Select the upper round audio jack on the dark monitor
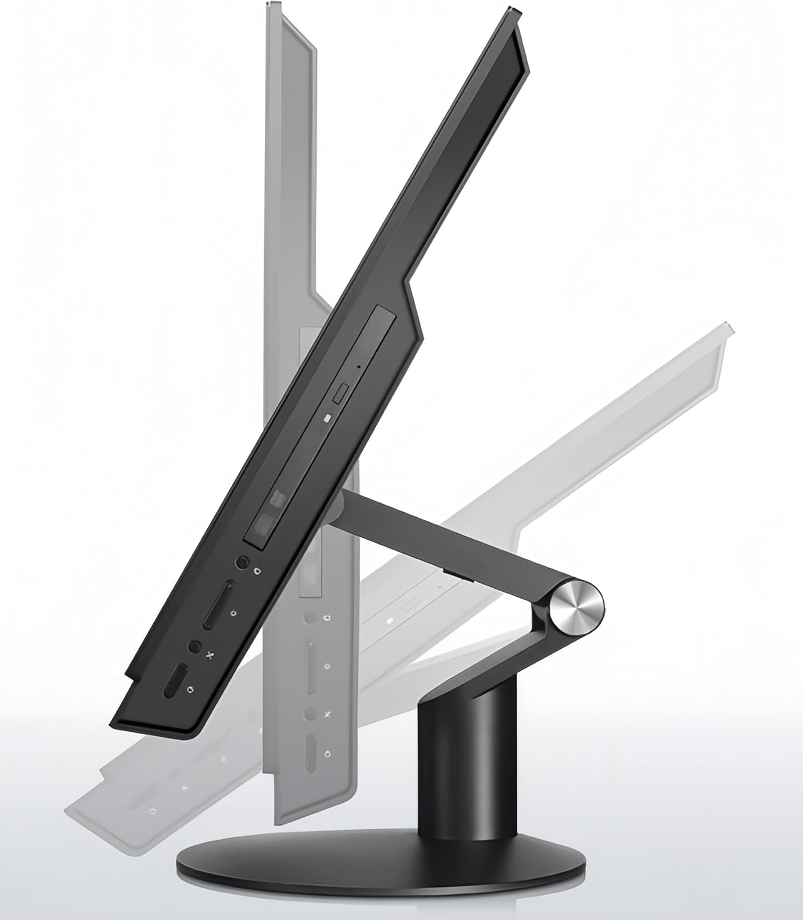[x=243, y=562]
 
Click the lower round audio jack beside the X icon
[x=195, y=647]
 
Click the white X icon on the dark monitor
[x=210, y=656]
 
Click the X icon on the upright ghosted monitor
[x=327, y=714]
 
